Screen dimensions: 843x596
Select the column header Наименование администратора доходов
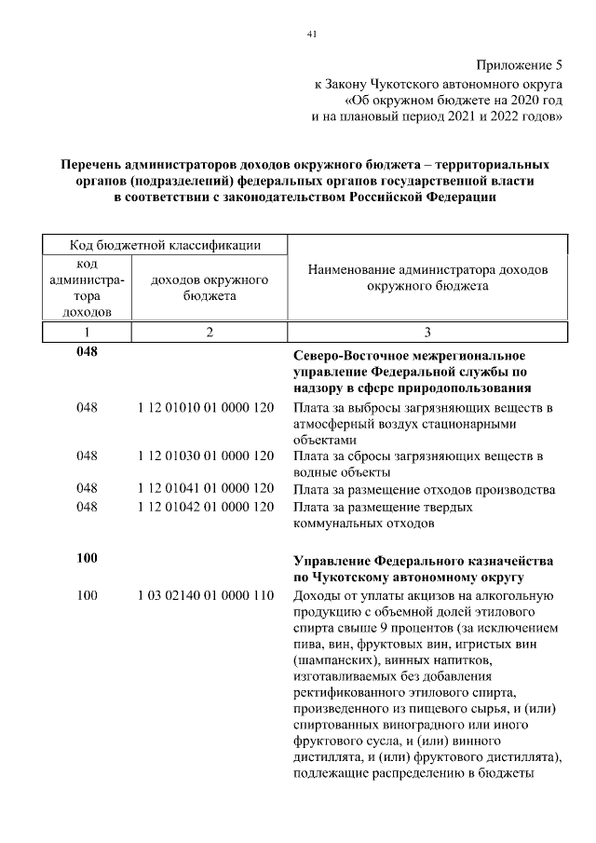click(427, 278)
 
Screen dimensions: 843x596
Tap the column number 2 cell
click(210, 332)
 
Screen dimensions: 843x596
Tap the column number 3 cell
click(427, 332)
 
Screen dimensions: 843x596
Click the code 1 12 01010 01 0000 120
click(205, 408)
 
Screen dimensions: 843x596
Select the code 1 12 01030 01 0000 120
click(205, 455)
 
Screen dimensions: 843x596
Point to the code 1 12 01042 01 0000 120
click(205, 508)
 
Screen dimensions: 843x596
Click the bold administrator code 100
click(88, 558)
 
